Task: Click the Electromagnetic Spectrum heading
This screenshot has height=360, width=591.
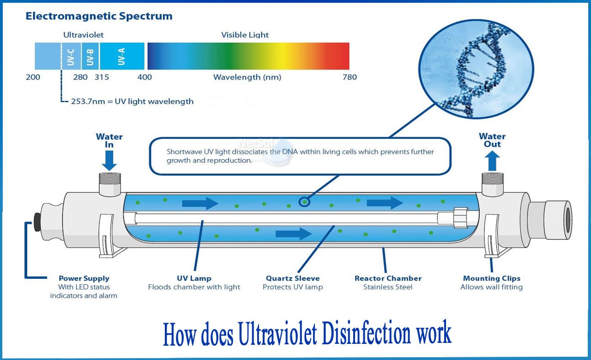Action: [99, 16]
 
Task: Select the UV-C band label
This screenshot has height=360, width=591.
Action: [71, 56]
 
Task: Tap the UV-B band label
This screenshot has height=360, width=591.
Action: [90, 56]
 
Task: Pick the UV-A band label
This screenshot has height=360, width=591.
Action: [121, 56]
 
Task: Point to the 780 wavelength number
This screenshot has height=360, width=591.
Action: [350, 77]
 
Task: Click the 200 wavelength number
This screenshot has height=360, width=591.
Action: [33, 77]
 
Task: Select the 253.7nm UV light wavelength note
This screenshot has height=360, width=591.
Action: [132, 102]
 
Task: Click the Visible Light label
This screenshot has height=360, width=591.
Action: [245, 35]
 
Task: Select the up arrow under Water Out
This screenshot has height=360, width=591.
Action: [492, 161]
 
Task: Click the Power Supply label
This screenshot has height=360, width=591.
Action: [84, 278]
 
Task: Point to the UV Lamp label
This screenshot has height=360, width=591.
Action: [194, 278]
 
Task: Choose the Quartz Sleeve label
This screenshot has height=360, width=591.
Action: [293, 278]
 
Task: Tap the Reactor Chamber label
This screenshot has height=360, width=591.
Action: [388, 278]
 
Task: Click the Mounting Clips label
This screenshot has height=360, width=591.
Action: [491, 278]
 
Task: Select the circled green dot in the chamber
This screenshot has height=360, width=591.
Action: [304, 201]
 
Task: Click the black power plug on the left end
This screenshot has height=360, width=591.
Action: [37, 222]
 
